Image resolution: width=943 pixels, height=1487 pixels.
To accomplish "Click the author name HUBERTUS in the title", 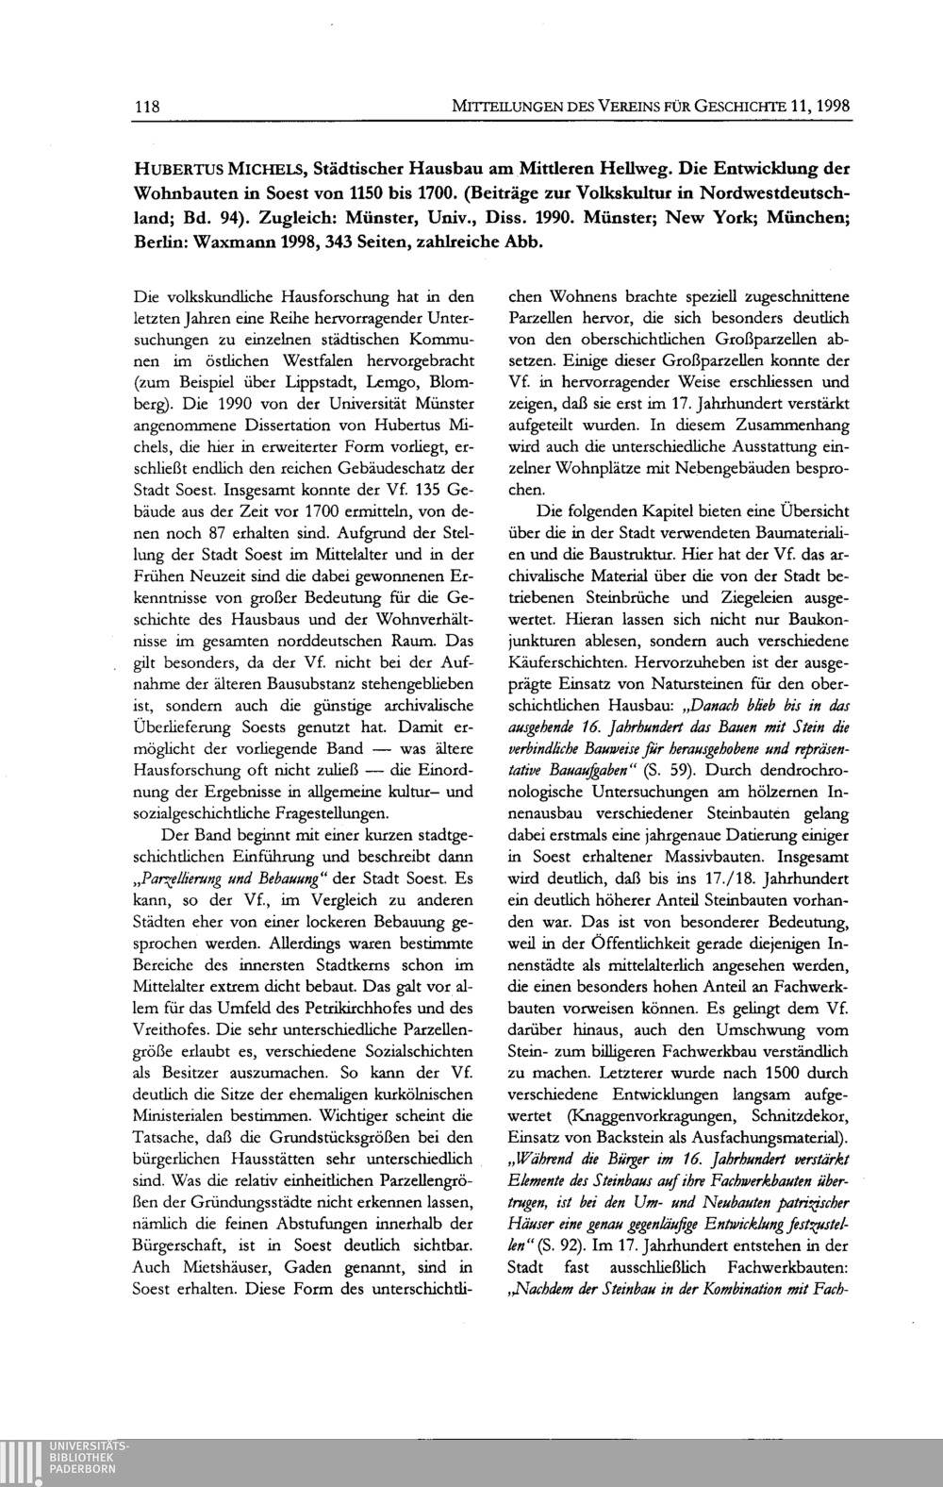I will coord(174,170).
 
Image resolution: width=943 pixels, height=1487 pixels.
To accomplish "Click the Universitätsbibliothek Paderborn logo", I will coord(66,1461).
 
